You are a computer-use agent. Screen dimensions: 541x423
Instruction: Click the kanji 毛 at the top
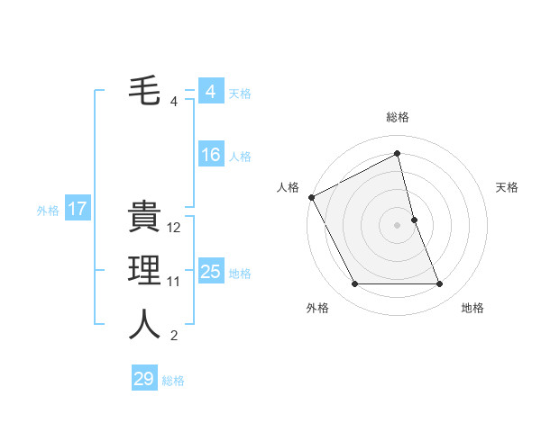pos(144,92)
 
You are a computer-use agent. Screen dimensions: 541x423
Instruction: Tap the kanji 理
pos(144,272)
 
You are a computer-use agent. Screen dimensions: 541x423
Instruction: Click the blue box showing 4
pos(210,92)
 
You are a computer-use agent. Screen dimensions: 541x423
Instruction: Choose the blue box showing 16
pos(210,156)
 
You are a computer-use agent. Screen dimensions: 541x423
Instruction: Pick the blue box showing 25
pos(210,273)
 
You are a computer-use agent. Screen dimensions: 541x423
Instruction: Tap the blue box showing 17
pos(77,210)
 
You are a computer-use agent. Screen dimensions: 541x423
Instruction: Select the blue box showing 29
pos(144,379)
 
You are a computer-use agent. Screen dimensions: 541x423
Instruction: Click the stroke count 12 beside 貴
pos(175,229)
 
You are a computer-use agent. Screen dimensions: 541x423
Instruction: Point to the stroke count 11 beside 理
pos(174,282)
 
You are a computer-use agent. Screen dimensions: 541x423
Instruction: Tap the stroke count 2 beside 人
pos(174,336)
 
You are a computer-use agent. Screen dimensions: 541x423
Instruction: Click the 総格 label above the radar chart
pos(397,117)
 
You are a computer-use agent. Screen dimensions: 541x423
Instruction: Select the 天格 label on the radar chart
pos(508,187)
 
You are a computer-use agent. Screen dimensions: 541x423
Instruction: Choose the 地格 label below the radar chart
pos(472,308)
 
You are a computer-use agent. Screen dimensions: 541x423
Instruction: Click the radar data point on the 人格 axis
pos(311,197)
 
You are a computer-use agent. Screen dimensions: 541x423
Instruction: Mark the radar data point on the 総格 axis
pos(397,154)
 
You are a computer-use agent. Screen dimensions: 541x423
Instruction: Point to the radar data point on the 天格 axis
pos(414,220)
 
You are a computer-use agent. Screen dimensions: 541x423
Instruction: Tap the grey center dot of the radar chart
pos(397,225)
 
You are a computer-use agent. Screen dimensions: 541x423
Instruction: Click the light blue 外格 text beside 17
pos(48,211)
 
